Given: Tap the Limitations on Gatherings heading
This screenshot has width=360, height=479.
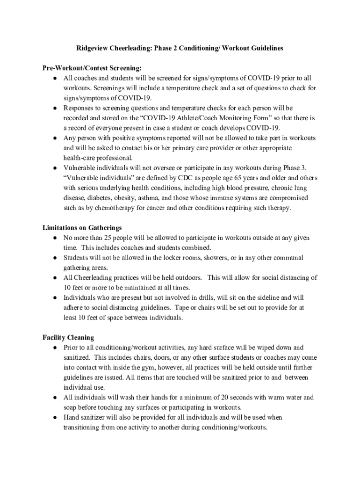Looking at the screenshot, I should click(82, 228).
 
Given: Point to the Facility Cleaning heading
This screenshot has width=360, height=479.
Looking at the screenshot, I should click(68, 337).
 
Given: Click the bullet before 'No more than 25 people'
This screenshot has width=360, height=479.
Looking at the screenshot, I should click(55, 238).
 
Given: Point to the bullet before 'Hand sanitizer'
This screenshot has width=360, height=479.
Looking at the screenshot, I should click(55, 417).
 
